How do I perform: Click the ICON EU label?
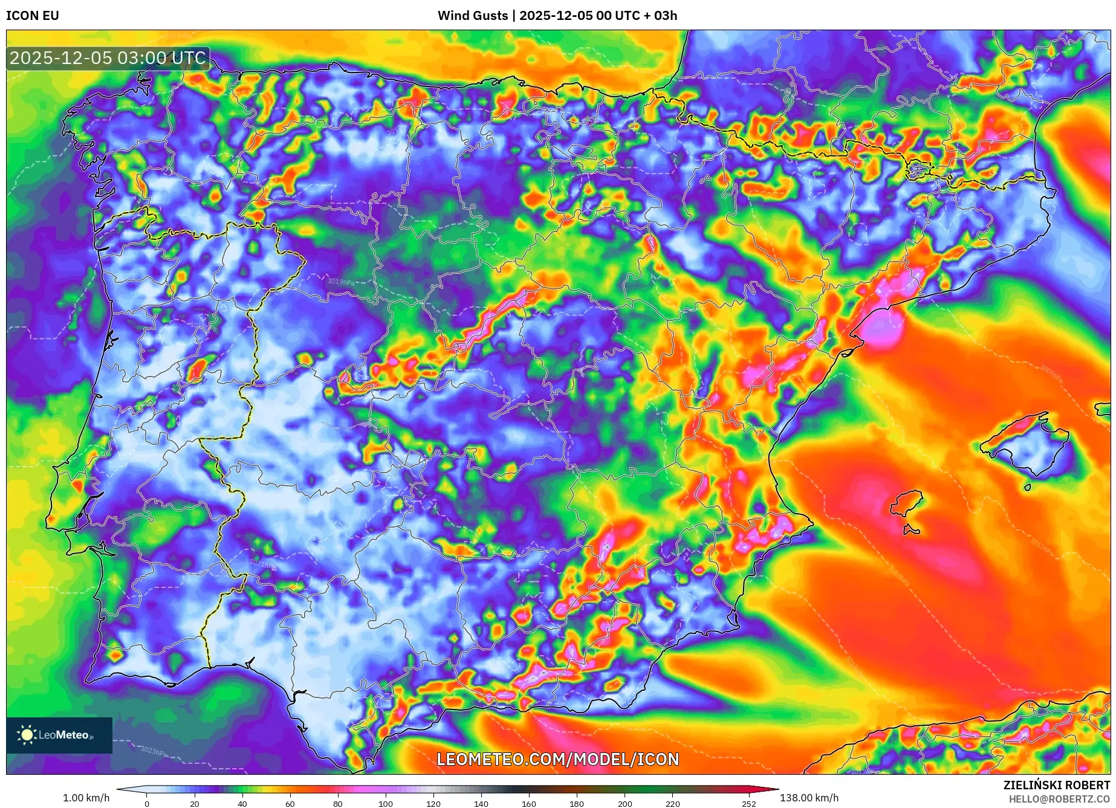click(33, 16)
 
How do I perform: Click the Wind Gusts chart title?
click(557, 16)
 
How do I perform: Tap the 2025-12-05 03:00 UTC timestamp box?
click(108, 58)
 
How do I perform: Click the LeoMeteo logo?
click(59, 735)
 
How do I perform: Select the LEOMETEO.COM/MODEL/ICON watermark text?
click(557, 759)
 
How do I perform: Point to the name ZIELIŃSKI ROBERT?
click(1056, 785)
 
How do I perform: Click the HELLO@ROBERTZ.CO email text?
click(1059, 799)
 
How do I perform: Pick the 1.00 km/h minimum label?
click(86, 798)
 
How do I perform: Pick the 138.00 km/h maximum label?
click(809, 798)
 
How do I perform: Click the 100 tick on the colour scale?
click(385, 804)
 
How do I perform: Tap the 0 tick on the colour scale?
click(146, 804)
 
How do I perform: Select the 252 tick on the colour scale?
click(749, 804)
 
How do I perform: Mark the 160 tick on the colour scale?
click(528, 804)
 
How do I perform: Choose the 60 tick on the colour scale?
click(290, 804)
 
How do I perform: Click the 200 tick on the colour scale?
click(625, 804)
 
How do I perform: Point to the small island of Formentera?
click(911, 531)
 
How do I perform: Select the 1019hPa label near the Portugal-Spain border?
click(341, 282)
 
